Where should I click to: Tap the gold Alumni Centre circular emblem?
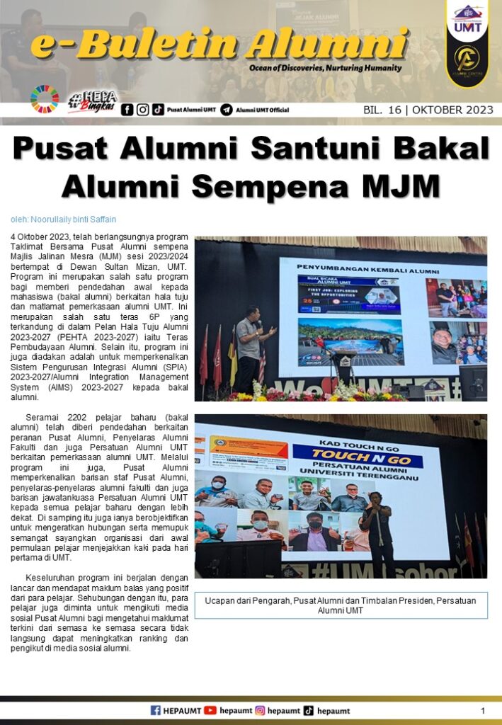(467, 59)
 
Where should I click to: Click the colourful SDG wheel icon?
(45, 100)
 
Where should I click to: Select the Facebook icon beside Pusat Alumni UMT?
(127, 110)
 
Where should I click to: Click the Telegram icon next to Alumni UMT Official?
(227, 110)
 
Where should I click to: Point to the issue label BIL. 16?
(383, 110)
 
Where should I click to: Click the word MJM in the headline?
(401, 186)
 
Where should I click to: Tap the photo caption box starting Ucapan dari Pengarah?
(341, 605)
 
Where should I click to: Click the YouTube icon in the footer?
(210, 710)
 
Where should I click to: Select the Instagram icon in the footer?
(260, 710)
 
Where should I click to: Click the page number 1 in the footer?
(483, 710)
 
